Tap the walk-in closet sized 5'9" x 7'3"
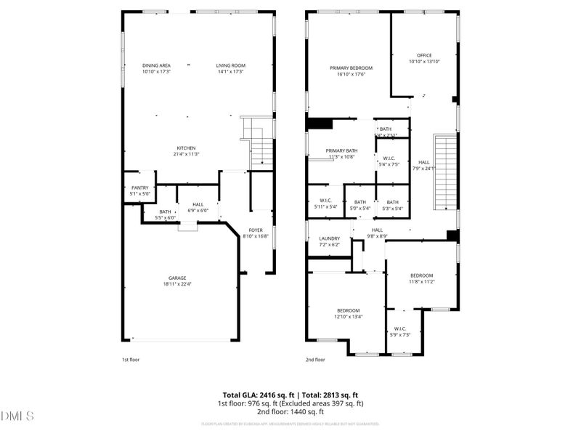coord(400,331)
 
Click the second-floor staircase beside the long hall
coord(444,172)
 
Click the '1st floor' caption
coord(131,359)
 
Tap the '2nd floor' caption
coord(315,359)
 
